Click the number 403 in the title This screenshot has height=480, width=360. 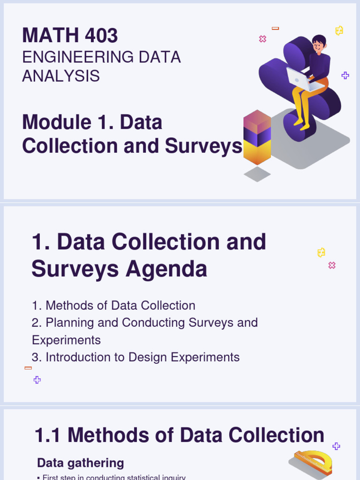[x=99, y=36]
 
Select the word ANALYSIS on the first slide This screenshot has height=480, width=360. [x=61, y=75]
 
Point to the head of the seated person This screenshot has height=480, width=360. [x=319, y=45]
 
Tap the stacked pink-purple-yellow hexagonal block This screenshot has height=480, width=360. [x=257, y=137]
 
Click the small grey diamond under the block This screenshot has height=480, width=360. [x=257, y=174]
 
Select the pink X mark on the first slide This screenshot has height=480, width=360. [x=262, y=39]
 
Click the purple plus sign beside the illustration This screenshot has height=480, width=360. [x=345, y=75]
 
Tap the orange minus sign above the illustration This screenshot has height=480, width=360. [x=275, y=29]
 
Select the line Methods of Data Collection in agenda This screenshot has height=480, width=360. [x=113, y=306]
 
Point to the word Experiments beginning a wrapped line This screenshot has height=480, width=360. [x=66, y=340]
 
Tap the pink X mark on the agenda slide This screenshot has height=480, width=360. [x=332, y=265]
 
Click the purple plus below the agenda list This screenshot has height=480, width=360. [x=37, y=380]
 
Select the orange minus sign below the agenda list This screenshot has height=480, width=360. [x=28, y=368]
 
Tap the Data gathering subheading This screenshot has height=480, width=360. [x=80, y=463]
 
